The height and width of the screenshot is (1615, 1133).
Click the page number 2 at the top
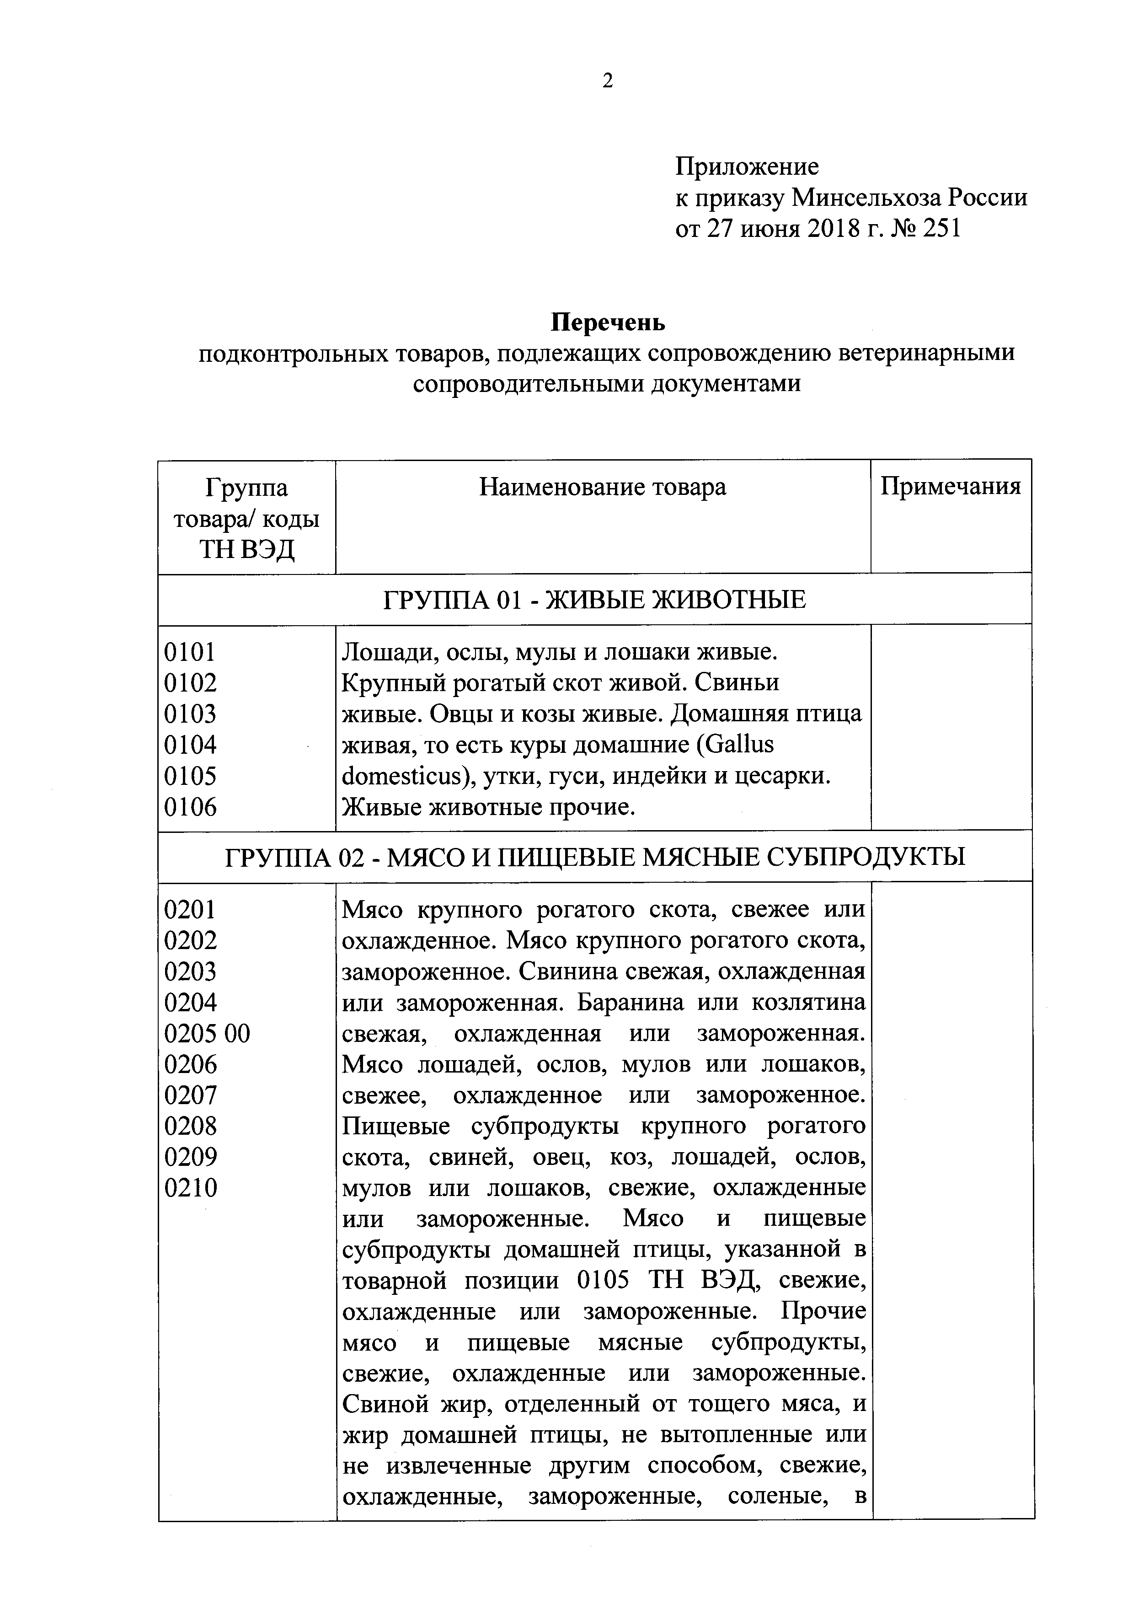608,81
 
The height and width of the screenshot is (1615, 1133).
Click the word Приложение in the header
747,166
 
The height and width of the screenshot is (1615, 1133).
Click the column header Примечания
950,487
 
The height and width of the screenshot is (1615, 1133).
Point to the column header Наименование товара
603,487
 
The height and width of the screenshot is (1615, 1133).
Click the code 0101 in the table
190,652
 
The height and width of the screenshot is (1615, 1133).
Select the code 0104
190,745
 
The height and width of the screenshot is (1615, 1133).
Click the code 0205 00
207,1033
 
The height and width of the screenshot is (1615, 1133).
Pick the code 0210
190,1188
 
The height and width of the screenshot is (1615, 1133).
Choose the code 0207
190,1095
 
